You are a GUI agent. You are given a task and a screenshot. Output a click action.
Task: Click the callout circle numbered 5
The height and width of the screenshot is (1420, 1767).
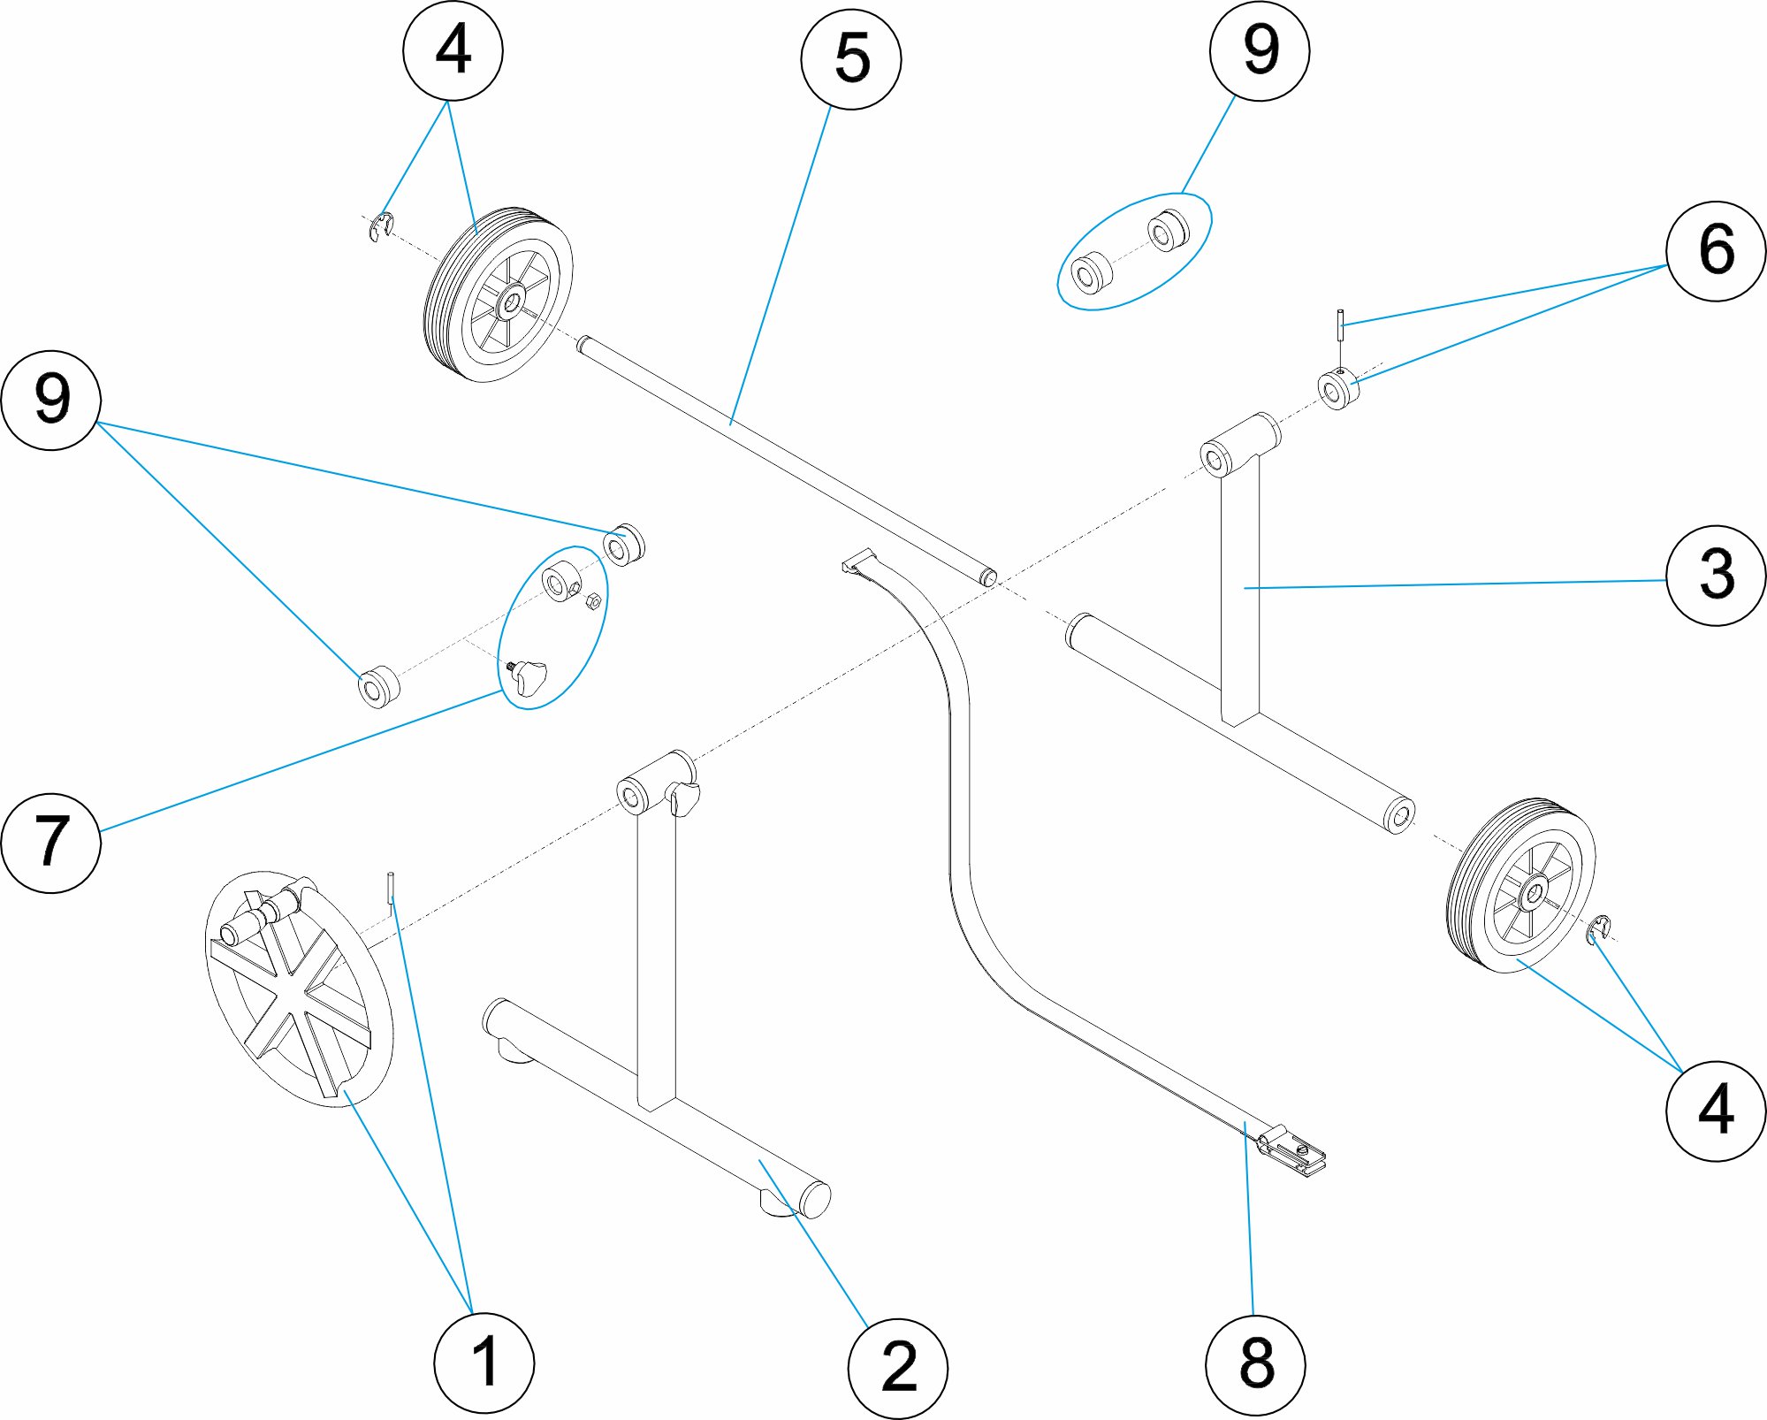(x=850, y=59)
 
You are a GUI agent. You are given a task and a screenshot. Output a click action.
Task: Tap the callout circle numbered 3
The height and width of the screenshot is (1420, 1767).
(x=1716, y=576)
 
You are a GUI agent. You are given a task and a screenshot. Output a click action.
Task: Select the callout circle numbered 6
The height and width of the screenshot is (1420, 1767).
(x=1716, y=251)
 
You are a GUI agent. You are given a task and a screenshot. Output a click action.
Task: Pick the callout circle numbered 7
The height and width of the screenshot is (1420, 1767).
(x=51, y=842)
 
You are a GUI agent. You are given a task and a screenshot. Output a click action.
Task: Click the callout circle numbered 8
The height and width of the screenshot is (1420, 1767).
(x=1255, y=1363)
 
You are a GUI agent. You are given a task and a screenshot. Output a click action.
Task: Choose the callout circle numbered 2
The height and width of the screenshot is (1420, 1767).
(x=897, y=1369)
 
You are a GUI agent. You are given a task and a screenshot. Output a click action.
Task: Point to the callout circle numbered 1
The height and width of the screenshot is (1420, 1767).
(x=484, y=1363)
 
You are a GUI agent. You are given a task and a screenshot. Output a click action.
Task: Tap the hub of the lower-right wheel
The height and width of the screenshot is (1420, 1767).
(x=1532, y=895)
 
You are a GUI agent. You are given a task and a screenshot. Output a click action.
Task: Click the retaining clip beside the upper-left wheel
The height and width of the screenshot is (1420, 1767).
(x=381, y=227)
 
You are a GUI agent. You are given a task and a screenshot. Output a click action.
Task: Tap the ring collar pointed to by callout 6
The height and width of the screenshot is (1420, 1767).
(x=1337, y=390)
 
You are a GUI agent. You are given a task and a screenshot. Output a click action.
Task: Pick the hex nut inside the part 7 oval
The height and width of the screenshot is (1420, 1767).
(x=594, y=601)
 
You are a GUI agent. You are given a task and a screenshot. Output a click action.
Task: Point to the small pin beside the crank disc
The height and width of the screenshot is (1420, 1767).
(x=390, y=888)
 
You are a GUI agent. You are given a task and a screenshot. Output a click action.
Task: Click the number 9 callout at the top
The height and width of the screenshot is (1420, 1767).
(x=1259, y=50)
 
